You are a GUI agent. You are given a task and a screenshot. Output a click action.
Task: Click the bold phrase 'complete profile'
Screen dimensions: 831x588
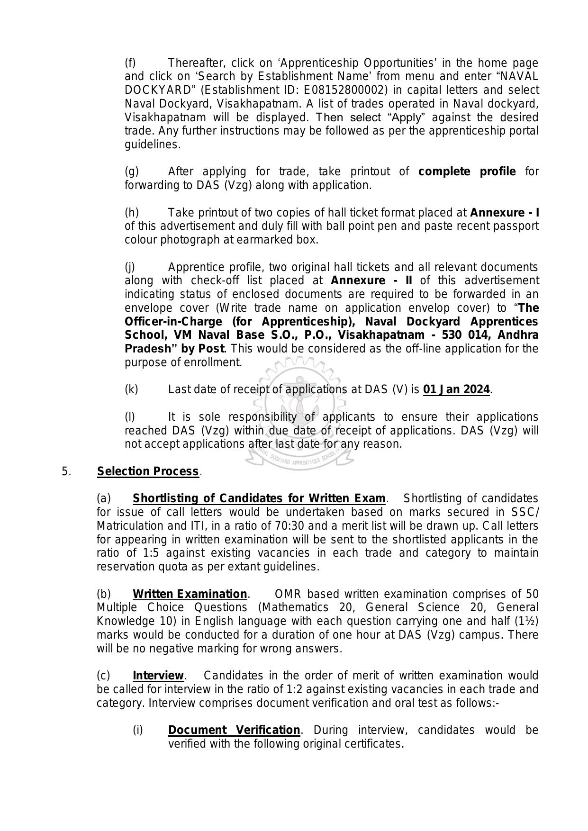(467, 172)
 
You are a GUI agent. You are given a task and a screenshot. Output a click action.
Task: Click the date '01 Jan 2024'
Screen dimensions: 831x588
(456, 389)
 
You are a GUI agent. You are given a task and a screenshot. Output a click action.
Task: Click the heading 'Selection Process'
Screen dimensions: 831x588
(148, 471)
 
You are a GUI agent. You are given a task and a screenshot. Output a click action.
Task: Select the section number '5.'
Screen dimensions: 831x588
(66, 471)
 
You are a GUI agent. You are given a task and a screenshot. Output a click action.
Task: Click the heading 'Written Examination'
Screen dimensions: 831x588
(190, 594)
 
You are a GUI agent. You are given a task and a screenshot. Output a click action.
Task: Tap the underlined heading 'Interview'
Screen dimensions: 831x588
(158, 676)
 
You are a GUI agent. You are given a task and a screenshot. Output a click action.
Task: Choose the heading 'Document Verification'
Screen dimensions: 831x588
(234, 730)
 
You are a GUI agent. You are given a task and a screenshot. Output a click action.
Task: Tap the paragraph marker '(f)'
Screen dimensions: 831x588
(130, 63)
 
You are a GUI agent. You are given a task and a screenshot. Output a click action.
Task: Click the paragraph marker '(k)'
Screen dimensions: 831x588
(131, 389)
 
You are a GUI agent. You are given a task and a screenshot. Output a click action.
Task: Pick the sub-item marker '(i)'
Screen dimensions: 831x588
(137, 730)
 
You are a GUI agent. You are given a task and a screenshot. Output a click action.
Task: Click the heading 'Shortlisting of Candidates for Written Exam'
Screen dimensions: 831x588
(259, 498)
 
